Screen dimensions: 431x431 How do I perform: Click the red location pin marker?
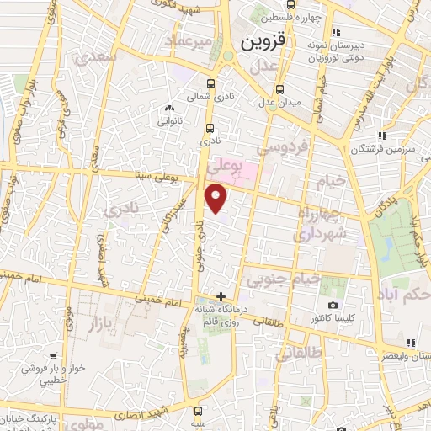click(x=216, y=200)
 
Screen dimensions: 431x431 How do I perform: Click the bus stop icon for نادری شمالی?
click(x=210, y=83)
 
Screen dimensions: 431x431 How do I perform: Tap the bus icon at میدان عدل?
click(x=281, y=89)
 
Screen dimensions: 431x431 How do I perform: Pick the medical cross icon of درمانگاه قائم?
click(x=221, y=296)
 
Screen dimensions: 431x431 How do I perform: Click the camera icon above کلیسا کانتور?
click(x=333, y=305)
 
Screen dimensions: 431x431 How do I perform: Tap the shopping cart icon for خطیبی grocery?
click(x=54, y=356)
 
